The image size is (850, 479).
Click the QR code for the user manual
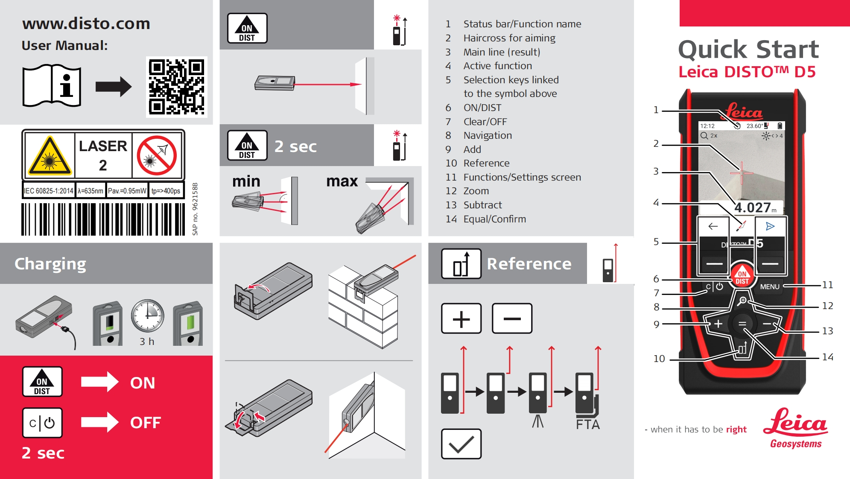176,87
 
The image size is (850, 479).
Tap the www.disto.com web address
86,23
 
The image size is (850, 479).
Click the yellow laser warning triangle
50,156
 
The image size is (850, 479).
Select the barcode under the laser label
103,219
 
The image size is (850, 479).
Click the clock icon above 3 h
147,316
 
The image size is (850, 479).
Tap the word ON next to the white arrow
143,383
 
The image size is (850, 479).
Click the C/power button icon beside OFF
42,423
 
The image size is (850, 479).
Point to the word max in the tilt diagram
342,181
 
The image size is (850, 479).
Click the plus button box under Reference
461,318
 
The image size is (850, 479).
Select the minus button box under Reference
512,318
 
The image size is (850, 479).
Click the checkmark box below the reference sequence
461,444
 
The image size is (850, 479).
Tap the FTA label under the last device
587,424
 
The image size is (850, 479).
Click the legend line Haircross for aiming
509,38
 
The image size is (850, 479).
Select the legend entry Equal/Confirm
494,219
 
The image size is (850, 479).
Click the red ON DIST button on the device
742,277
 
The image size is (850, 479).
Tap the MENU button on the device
769,287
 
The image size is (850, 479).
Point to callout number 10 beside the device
659,359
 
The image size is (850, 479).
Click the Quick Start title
748,49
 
